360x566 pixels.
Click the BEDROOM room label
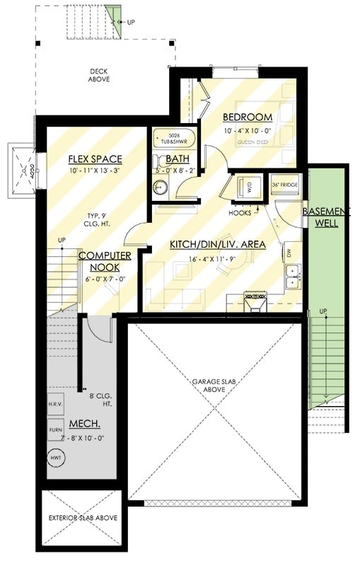[247, 117]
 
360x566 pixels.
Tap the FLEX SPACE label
[95, 158]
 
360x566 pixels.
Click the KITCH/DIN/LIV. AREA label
[217, 245]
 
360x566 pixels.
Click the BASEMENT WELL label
[326, 217]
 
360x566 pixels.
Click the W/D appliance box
[248, 186]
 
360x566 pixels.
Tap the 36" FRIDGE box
[285, 185]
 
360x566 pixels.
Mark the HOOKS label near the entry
[239, 212]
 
